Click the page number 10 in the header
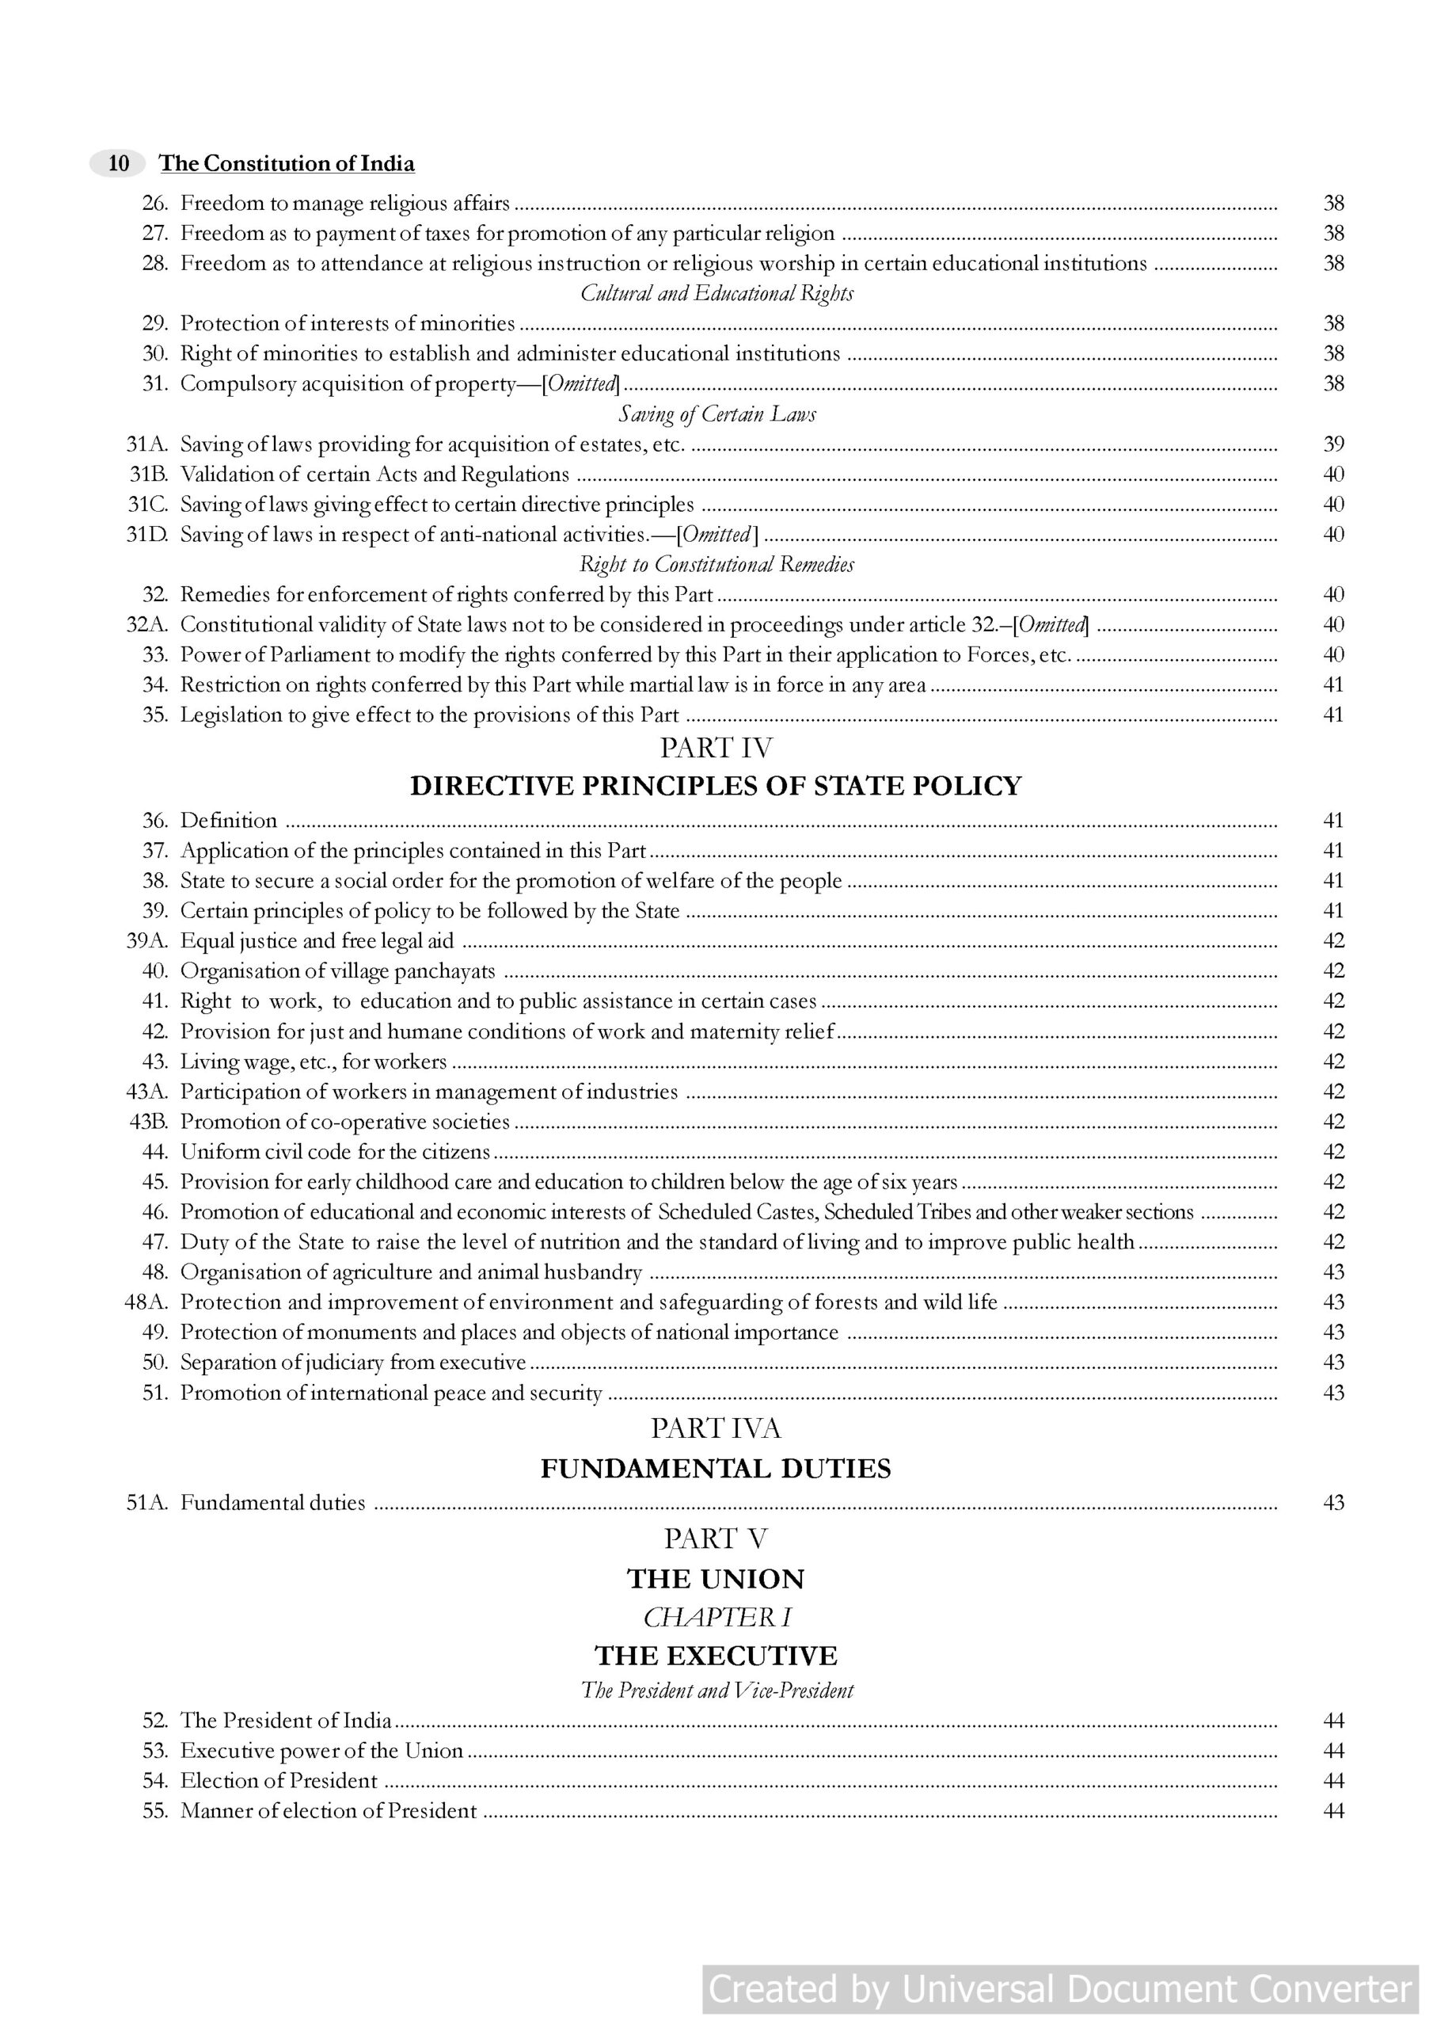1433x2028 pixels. point(118,163)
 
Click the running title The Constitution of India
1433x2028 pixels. point(286,163)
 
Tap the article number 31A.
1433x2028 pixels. point(147,444)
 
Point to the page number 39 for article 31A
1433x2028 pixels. point(1332,444)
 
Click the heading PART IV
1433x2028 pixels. point(716,748)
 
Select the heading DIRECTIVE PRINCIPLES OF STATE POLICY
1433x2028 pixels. point(716,786)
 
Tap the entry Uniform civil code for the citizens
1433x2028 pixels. point(335,1152)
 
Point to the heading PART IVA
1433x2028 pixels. point(716,1429)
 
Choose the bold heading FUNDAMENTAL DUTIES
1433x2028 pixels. point(716,1469)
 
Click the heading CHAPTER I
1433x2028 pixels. point(716,1618)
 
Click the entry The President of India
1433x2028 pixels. point(286,1721)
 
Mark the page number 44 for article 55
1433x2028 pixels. point(1332,1811)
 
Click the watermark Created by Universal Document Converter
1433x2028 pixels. point(1060,1989)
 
